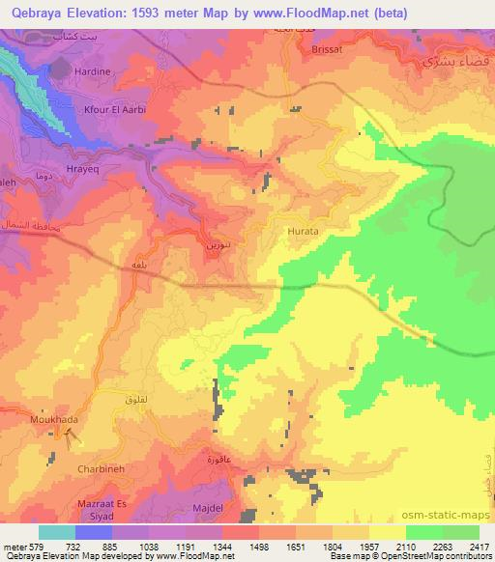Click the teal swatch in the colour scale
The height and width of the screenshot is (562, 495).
tap(57, 532)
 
